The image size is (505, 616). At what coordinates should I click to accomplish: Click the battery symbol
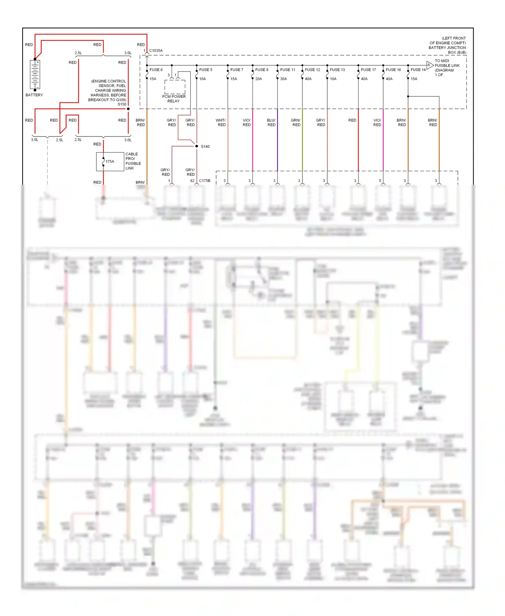(35, 74)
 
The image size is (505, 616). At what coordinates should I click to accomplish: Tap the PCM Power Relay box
(175, 87)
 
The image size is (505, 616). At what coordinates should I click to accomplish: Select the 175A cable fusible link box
(110, 162)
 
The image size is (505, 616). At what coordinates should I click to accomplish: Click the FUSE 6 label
(156, 70)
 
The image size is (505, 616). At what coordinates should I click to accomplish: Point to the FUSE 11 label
(288, 70)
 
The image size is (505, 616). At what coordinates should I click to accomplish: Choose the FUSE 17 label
(368, 70)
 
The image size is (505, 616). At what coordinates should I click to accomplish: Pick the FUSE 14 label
(418, 70)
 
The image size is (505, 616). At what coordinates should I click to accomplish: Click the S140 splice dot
(197, 146)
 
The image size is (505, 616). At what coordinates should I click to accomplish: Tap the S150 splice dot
(128, 109)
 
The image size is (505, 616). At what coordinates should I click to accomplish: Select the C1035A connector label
(156, 51)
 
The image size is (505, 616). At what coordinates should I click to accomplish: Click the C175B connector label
(205, 181)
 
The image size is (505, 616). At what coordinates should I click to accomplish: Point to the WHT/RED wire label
(221, 122)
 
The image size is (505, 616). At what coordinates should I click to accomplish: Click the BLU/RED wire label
(271, 122)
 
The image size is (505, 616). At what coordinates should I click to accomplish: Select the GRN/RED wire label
(296, 122)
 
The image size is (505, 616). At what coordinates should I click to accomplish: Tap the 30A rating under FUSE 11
(283, 79)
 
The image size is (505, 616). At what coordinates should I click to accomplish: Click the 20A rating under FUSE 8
(259, 79)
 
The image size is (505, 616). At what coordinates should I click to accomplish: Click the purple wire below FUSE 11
(277, 142)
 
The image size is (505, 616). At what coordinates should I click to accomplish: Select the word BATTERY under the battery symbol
(34, 95)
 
